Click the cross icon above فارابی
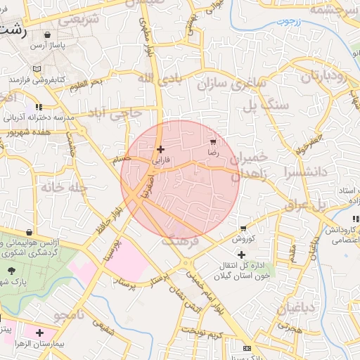(161, 149)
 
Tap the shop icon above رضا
(213, 142)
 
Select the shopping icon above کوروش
(243, 229)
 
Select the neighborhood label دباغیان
(295, 308)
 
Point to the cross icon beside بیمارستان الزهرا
(39, 332)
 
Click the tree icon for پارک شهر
(12, 270)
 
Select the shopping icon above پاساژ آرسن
(47, 34)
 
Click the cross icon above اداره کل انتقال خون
(242, 254)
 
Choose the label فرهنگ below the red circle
(181, 240)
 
